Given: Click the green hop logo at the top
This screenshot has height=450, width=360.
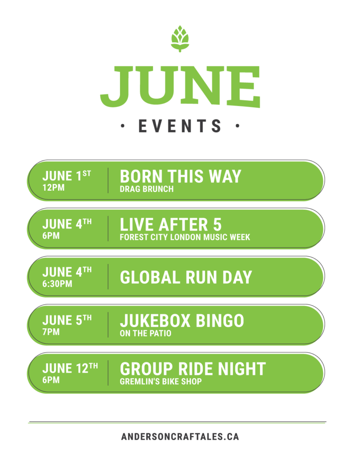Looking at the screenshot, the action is point(180,39).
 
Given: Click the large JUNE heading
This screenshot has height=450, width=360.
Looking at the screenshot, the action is point(180,87).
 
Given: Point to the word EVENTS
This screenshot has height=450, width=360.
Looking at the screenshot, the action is point(180,126).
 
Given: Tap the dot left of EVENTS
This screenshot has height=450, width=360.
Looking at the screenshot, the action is point(123,126).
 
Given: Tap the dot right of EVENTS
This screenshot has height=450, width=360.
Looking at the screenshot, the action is point(237,126).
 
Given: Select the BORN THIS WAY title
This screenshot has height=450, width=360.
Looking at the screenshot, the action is point(181,176).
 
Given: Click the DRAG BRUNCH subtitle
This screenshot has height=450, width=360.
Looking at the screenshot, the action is point(147,189).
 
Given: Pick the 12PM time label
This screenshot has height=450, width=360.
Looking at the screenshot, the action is point(53,188).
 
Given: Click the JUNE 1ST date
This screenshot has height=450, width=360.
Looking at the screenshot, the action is point(67,176).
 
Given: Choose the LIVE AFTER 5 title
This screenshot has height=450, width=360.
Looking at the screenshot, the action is point(171,225).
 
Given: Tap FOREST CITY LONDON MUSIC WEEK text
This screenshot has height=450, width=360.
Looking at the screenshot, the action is point(185,237).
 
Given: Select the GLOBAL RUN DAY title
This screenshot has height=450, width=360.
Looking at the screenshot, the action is point(186,277).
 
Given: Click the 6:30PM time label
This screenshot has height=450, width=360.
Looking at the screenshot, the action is point(57,284).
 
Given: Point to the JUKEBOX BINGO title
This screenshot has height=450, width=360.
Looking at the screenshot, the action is point(182,320).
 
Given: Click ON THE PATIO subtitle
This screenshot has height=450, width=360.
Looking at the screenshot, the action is point(145,334).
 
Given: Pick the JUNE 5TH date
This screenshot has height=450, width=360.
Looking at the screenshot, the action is point(67,320).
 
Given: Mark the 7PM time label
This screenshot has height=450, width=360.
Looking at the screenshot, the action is point(51,332).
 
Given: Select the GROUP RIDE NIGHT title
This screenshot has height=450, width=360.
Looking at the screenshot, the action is point(193,369).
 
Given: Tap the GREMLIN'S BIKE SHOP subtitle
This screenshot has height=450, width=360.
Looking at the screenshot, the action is point(161,382).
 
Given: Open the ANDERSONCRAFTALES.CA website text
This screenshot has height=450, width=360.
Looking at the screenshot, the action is point(180,437).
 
